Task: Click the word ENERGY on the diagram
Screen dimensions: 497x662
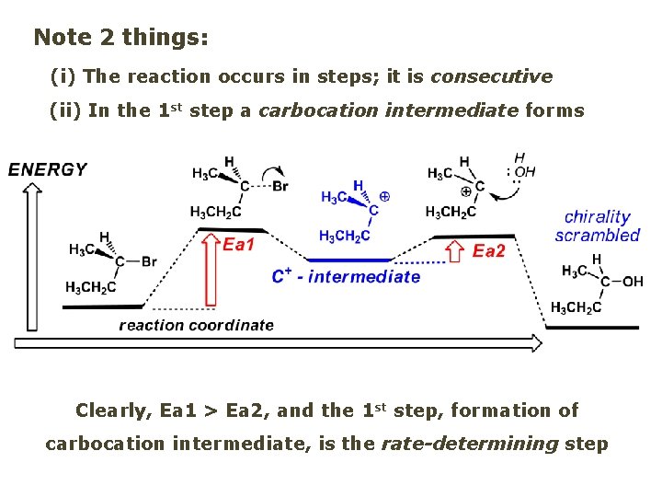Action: coord(48,169)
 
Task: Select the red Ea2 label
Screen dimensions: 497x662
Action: coord(488,251)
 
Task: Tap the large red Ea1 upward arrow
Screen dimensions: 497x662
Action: coord(211,271)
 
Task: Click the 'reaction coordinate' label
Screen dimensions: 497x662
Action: coord(196,325)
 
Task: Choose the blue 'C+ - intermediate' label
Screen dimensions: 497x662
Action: coord(346,276)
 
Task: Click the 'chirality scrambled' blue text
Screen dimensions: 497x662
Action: coord(597,225)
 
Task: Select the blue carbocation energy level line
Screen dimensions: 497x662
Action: coord(346,260)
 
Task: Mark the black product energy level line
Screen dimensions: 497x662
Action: coord(591,328)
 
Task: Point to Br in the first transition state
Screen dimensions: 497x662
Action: coord(281,186)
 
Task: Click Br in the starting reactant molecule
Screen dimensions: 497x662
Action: coord(149,262)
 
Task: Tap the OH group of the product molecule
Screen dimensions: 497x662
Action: coord(633,282)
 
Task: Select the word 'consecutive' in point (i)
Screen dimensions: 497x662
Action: coord(491,76)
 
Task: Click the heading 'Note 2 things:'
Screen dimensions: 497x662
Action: coord(120,38)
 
